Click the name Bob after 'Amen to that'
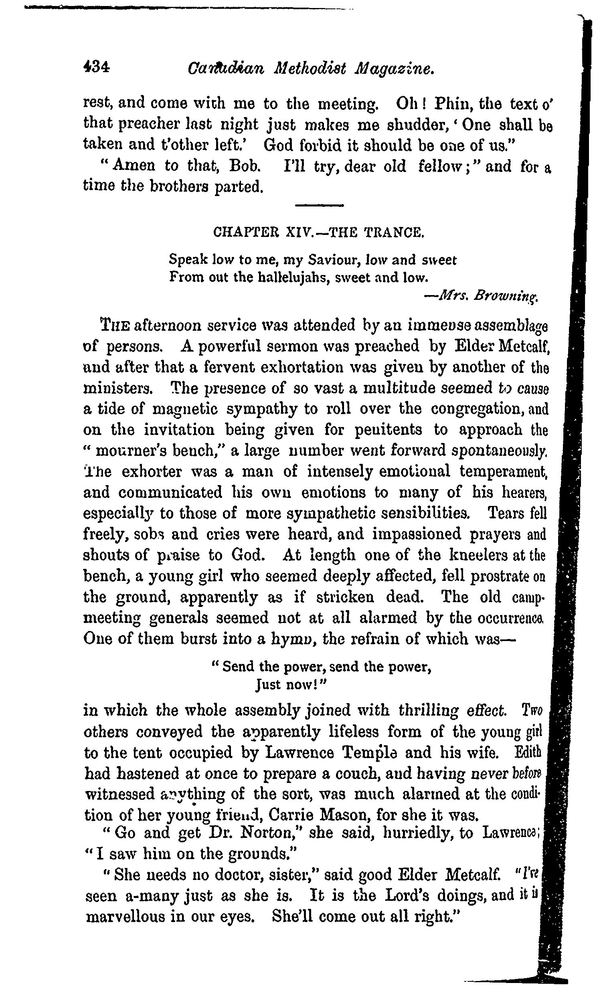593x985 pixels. pyautogui.click(x=245, y=166)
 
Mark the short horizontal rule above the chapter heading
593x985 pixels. pyautogui.click(x=320, y=206)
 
